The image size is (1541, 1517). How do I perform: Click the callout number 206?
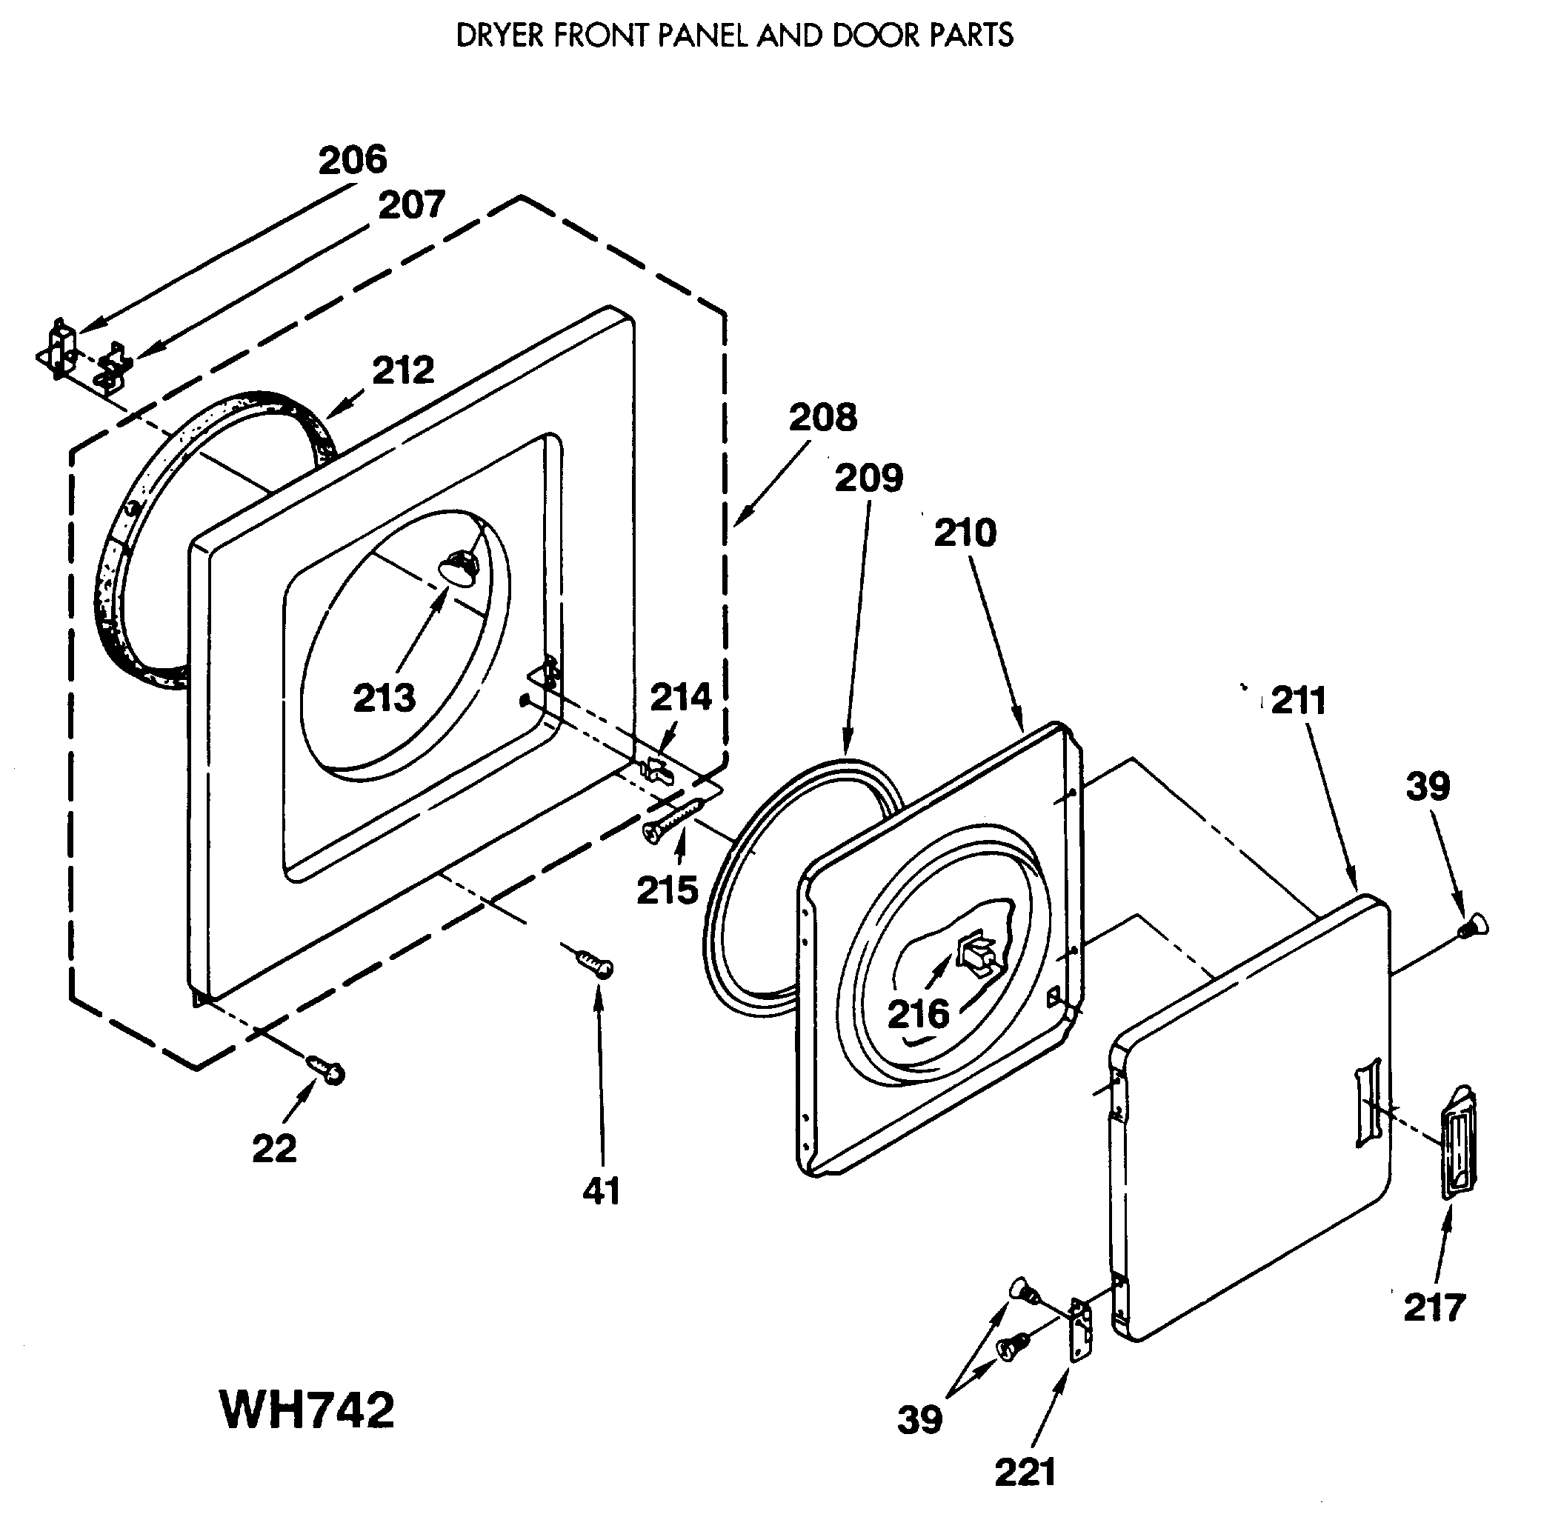[352, 159]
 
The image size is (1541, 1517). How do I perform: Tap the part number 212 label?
[403, 370]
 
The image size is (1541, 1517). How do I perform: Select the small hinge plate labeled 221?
[1080, 1333]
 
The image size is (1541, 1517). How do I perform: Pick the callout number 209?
[868, 478]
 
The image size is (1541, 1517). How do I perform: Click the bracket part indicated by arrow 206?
[61, 347]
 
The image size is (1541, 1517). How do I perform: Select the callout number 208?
[822, 417]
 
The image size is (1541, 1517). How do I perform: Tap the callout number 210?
[965, 533]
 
